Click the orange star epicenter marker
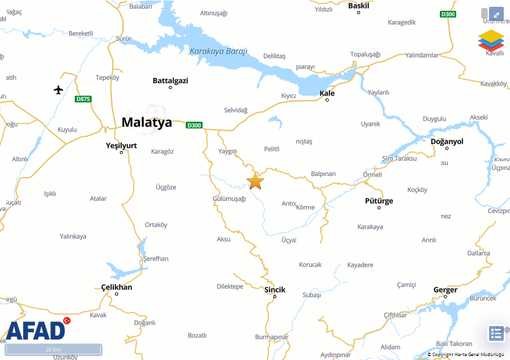[x=255, y=181]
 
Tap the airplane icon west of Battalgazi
[x=59, y=89]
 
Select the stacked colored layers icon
[x=491, y=40]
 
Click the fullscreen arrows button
[x=496, y=14]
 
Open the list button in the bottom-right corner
[x=496, y=333]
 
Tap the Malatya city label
[x=147, y=122]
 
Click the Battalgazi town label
[x=170, y=80]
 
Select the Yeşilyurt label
[x=122, y=145]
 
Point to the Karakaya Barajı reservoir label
[x=218, y=51]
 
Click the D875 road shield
[x=83, y=99]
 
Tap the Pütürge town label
[x=379, y=201]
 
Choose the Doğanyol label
[x=447, y=142]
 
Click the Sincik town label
[x=275, y=290]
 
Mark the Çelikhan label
[x=117, y=287]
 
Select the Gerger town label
[x=445, y=290]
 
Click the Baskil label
[x=358, y=6]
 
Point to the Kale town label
[x=327, y=93]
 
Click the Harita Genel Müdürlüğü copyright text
[x=465, y=354]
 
